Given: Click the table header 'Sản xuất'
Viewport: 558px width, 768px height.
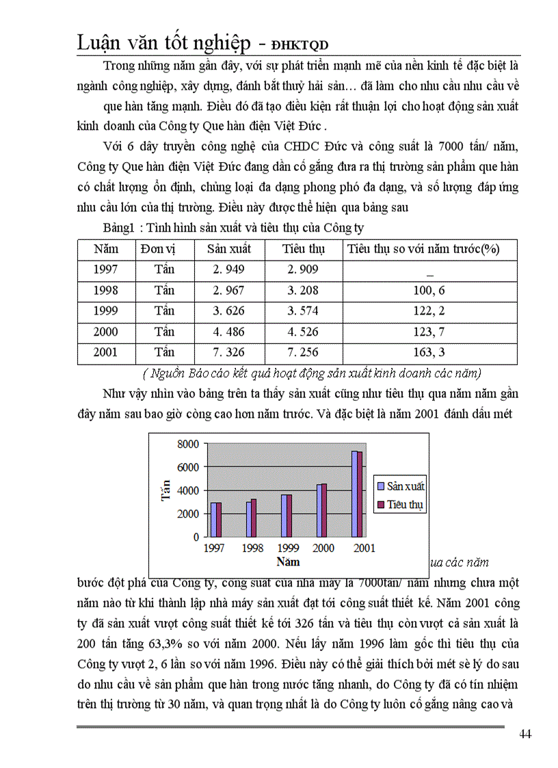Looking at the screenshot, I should pos(228,249).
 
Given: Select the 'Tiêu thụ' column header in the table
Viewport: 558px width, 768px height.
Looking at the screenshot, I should pos(303,249).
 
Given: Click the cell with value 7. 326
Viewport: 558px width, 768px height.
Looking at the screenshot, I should pos(228,352).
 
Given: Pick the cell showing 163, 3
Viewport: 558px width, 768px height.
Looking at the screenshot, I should pos(429,352).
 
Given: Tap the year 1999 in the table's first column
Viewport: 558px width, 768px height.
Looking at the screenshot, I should pos(106,310).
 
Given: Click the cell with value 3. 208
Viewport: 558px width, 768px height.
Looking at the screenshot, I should pos(303,290).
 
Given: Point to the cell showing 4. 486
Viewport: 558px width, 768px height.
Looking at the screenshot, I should pos(228,332).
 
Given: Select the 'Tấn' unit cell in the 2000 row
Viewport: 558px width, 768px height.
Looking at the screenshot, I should pos(164,332).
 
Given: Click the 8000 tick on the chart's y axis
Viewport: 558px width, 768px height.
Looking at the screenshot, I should pos(187,444).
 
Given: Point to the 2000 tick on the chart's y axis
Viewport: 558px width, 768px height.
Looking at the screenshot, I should pos(187,514).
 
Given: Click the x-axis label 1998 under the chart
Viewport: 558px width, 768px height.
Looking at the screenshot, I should pos(253,548).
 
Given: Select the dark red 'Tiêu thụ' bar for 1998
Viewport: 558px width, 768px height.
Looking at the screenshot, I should pos(254,518).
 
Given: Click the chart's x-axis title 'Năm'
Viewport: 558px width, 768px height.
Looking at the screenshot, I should pos(288,562).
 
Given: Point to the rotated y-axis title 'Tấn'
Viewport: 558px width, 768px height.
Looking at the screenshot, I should pos(165,490).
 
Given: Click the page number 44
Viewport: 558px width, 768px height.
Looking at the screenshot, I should pos(525,734).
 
